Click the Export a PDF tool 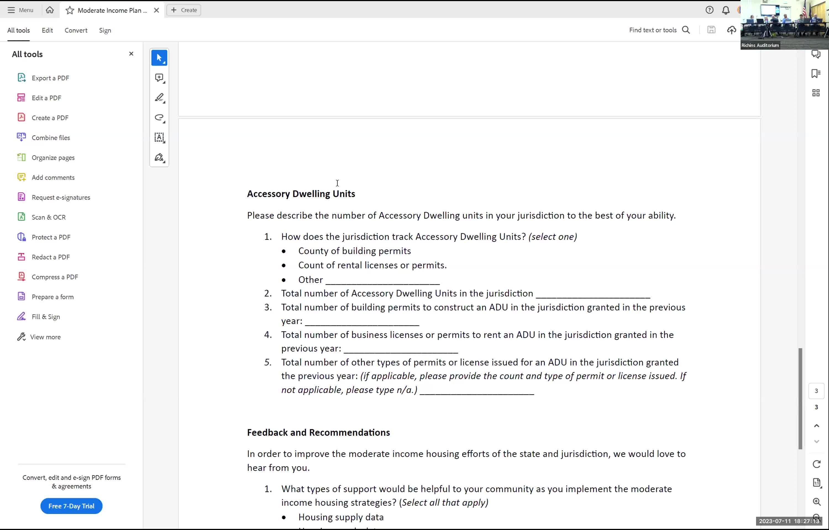50,78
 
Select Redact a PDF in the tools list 50,257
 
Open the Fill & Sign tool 46,317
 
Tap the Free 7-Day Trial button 71,506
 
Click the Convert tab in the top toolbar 76,30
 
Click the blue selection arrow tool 159,58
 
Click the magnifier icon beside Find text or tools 686,30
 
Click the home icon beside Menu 49,10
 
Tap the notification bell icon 726,10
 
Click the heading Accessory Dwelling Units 301,194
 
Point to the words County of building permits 355,251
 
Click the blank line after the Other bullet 382,280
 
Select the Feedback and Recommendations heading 318,432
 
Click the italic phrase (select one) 552,237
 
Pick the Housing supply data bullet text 341,517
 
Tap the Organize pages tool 53,158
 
